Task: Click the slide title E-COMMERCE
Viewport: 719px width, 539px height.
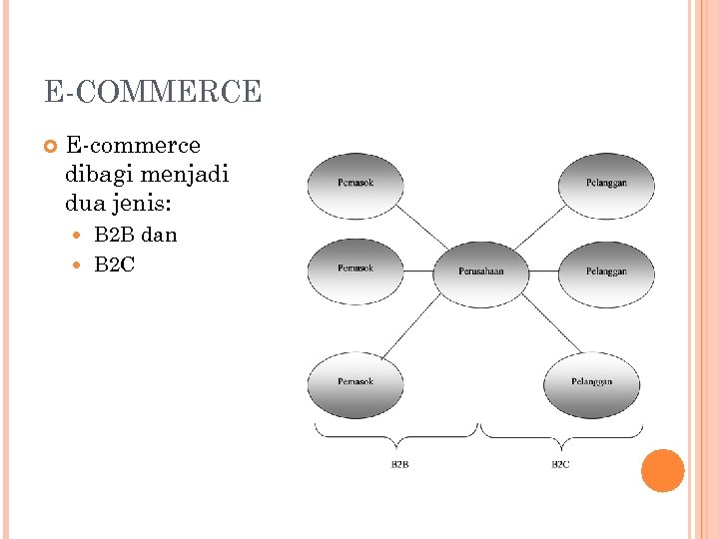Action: [152, 93]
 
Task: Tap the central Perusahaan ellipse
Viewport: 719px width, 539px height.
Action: [480, 271]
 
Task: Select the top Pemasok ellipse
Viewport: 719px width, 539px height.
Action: [356, 185]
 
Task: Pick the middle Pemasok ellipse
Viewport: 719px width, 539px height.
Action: [356, 269]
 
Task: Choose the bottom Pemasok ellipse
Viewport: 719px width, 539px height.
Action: [356, 382]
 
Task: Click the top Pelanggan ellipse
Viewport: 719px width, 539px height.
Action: [606, 185]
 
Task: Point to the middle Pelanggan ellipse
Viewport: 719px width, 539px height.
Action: [606, 271]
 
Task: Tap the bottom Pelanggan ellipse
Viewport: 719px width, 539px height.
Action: [591, 383]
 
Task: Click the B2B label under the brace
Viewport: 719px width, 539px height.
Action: [399, 465]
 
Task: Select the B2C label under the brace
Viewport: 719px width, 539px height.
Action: [560, 465]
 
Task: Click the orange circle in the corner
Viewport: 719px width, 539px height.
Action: [662, 470]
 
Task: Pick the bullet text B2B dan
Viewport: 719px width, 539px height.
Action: [135, 235]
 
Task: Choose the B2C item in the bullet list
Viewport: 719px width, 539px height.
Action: [114, 265]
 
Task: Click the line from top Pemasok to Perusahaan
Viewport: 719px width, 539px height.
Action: [423, 231]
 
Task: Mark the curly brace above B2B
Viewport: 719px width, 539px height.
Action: [396, 433]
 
